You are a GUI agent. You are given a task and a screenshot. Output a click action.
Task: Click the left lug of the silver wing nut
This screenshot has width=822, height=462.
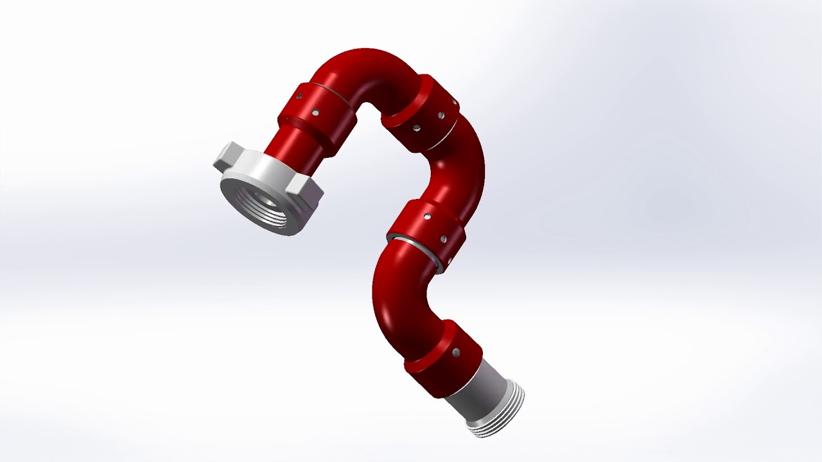point(226,157)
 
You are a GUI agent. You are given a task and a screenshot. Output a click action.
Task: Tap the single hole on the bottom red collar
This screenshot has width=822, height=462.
point(455,353)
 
